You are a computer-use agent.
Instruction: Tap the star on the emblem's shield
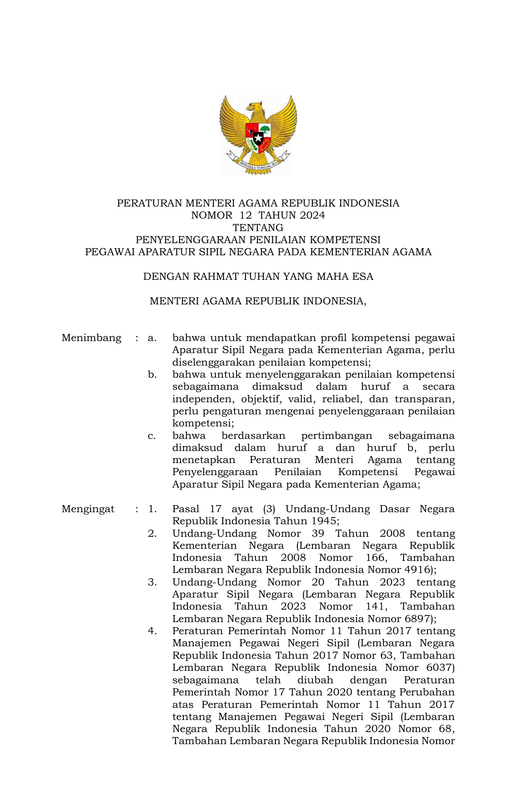pos(258,137)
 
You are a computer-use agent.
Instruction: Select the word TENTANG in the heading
pos(258,228)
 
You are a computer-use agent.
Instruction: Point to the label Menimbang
pos(91,338)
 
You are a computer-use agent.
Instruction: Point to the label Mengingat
pos(88,509)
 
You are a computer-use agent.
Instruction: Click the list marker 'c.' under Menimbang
pos(152,436)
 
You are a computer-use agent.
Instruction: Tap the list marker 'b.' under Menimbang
pos(152,375)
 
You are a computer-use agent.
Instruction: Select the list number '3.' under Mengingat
pos(152,582)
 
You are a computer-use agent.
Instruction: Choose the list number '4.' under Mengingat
pos(152,631)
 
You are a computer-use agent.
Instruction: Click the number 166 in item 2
pos(376,558)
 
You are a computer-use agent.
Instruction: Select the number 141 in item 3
pos(376,606)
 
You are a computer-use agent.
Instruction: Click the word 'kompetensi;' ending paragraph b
pos(203,423)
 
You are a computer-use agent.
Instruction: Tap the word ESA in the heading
pos(362,276)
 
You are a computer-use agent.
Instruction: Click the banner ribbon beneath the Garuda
pos(258,164)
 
